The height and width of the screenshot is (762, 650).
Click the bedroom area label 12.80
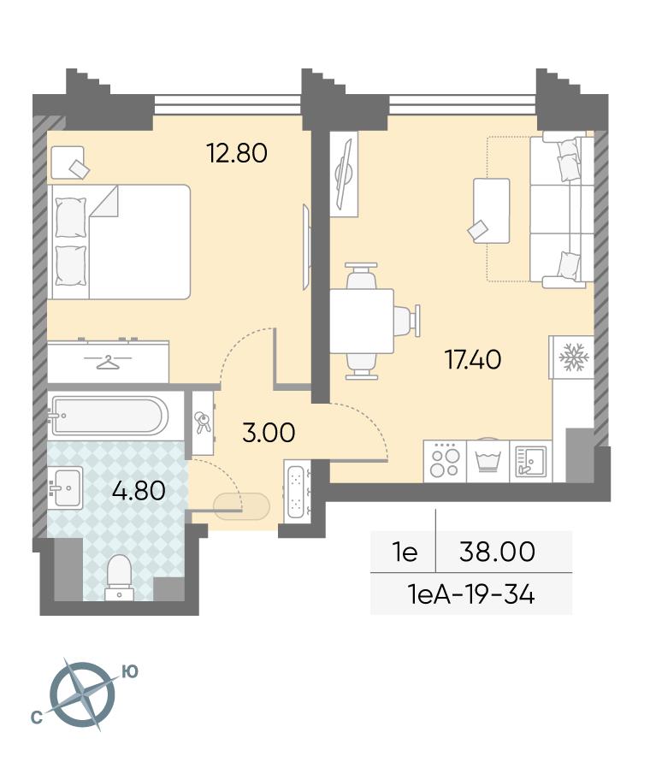click(237, 153)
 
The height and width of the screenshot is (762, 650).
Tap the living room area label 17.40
click(473, 359)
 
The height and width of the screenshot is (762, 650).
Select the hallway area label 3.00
click(269, 433)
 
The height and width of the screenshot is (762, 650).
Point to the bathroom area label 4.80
click(139, 491)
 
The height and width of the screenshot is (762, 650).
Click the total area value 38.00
click(498, 552)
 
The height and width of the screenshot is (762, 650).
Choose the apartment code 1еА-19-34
click(471, 594)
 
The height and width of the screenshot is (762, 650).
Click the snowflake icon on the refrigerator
click(574, 357)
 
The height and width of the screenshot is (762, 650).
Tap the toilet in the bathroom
click(120, 577)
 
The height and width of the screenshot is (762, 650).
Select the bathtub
click(109, 416)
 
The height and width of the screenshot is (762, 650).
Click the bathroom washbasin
click(65, 487)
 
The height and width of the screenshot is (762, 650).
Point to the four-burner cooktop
click(445, 461)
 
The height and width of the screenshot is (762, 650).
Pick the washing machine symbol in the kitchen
click(487, 461)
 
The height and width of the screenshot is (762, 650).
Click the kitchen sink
click(531, 461)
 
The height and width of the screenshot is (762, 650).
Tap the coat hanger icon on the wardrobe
click(108, 362)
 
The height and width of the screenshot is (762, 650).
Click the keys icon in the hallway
click(203, 422)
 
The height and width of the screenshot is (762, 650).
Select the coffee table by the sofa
click(492, 210)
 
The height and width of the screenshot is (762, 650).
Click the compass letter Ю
click(130, 671)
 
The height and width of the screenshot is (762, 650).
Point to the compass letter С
click(36, 717)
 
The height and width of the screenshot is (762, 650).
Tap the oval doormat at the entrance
click(241, 506)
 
